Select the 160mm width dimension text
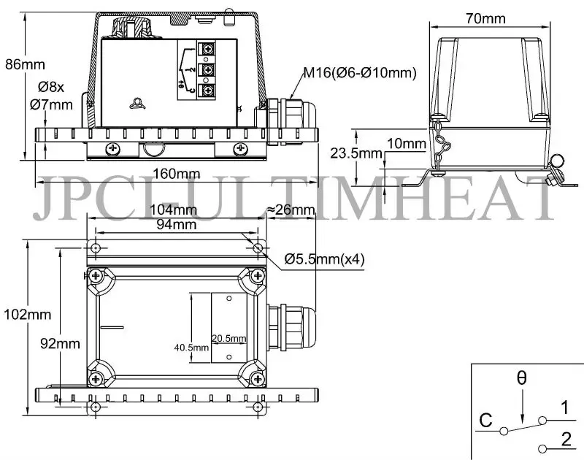[177, 174]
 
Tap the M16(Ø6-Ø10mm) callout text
[359, 72]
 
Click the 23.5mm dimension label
[377, 153]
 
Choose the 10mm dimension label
[406, 143]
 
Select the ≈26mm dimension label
[292, 211]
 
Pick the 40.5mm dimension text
[192, 348]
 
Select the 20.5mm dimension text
[229, 338]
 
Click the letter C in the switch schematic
[485, 421]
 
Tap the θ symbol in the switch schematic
[520, 378]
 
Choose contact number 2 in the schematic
[566, 440]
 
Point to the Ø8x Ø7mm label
[51, 96]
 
